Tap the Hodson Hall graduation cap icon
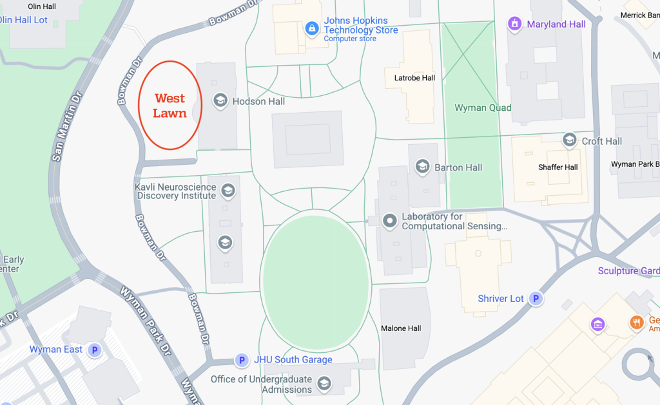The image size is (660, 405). (220, 101)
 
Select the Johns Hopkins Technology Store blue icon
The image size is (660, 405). (312, 28)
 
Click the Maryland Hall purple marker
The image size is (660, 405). (514, 24)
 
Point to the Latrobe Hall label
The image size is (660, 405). (414, 78)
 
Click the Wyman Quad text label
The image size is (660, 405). (483, 108)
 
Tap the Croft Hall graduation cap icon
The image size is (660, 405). (569, 140)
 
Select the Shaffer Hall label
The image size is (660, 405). (558, 167)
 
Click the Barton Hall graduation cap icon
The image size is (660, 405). (423, 167)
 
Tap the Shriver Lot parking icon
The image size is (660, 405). (535, 299)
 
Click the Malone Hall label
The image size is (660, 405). (401, 328)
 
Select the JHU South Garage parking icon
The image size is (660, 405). (242, 360)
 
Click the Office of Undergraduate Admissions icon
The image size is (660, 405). (324, 384)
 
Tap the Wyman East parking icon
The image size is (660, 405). (95, 350)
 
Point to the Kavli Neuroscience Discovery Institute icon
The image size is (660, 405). (227, 191)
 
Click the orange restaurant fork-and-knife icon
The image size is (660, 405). (637, 323)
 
